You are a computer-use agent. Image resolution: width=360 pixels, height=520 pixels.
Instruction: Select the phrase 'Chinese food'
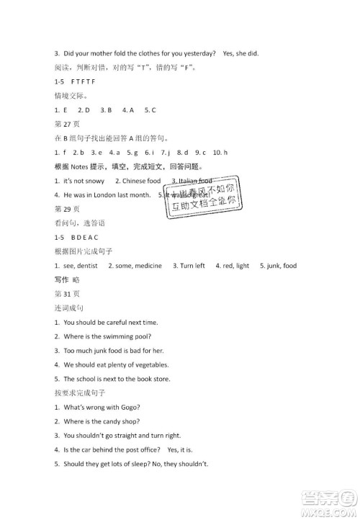(140, 181)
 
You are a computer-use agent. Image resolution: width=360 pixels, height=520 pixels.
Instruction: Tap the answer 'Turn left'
(192, 265)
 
